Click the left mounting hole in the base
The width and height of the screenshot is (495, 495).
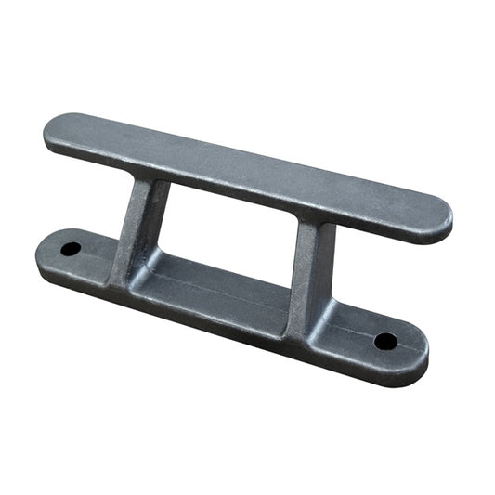(72, 249)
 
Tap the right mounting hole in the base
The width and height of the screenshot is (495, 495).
(385, 341)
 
